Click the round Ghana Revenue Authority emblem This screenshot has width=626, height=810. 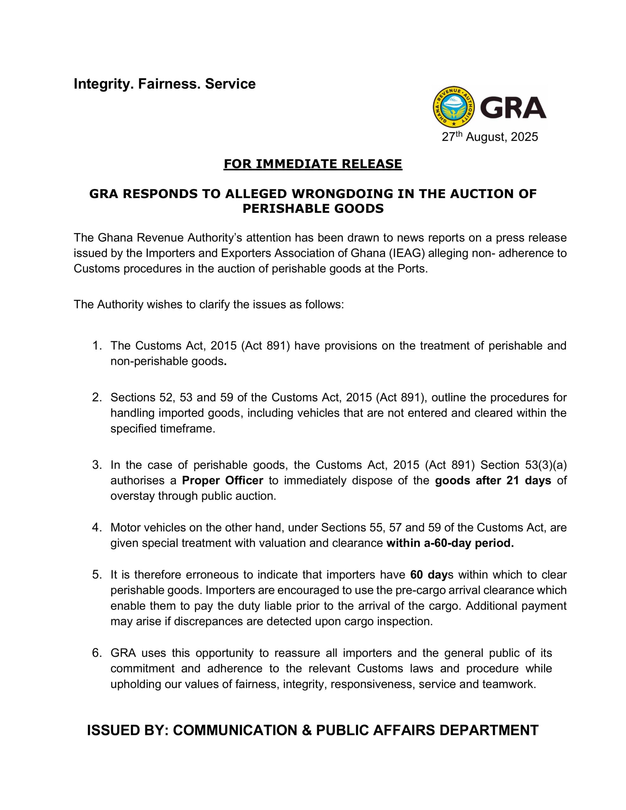point(454,107)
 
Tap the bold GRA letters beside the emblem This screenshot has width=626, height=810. point(513,108)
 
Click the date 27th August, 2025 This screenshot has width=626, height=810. point(490,137)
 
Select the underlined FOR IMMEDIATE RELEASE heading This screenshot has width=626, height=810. point(312,164)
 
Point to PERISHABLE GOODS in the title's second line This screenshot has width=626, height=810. point(313,209)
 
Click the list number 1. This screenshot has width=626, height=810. point(97,346)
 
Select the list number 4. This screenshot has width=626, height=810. point(97,527)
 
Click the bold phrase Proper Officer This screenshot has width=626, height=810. point(222,481)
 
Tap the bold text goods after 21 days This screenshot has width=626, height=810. point(493,481)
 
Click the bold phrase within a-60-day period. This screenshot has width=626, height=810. point(450,543)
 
